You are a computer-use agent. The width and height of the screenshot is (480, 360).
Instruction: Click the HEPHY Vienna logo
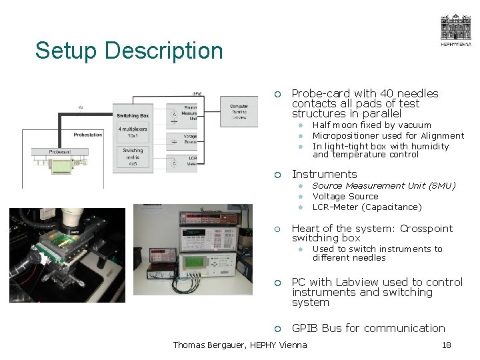pos(455,31)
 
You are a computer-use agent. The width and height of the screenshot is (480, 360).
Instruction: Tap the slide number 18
pos(447,345)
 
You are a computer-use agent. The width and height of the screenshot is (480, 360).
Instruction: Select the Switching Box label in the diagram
pos(133,116)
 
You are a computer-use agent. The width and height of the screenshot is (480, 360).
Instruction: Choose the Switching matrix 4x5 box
pos(133,155)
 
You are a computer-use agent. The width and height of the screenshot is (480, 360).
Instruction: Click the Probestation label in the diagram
pos(87,135)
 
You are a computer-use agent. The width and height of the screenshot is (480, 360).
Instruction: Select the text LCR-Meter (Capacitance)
pos(367,207)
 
